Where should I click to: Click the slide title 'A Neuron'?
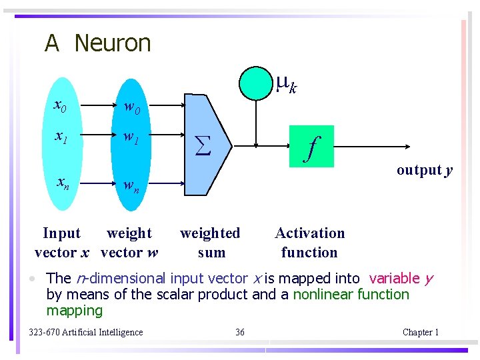tap(98, 43)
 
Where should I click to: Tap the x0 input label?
tap(59, 105)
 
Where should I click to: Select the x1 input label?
tap(60, 137)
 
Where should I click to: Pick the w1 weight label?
tap(130, 139)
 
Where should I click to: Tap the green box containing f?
tap(311, 145)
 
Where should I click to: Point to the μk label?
tap(287, 84)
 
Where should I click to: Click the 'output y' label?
tap(425, 170)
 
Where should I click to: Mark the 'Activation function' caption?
tap(310, 243)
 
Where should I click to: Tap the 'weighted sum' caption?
tap(211, 243)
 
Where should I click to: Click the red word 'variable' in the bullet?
tap(394, 279)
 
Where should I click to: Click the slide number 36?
tap(240, 332)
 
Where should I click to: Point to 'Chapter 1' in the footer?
tap(421, 332)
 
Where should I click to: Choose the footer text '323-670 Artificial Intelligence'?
tap(86, 332)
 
